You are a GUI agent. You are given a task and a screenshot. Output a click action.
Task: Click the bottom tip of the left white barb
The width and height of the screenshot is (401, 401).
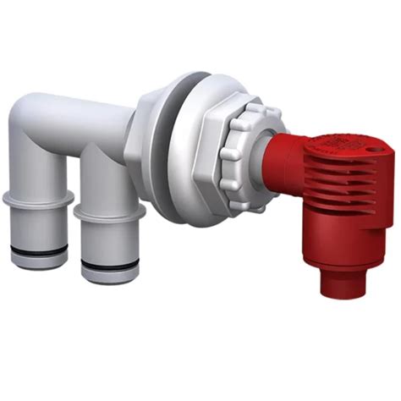[37, 263]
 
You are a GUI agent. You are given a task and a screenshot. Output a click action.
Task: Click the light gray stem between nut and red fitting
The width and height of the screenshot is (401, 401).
[257, 161]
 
